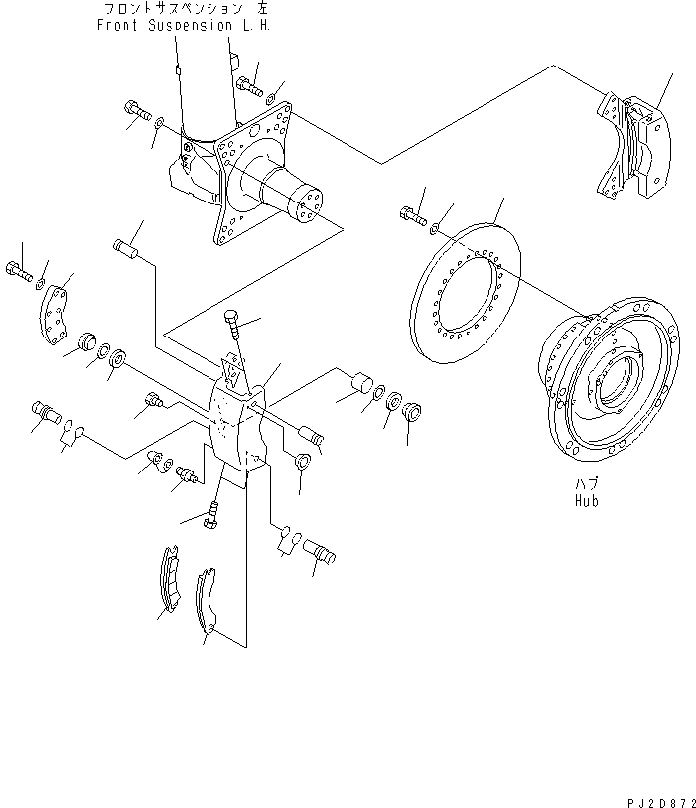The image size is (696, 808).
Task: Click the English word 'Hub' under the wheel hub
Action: (x=586, y=502)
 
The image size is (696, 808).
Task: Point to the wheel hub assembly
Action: (x=607, y=383)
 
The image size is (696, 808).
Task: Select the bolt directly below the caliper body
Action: (x=211, y=515)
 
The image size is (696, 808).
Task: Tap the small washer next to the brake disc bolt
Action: (x=435, y=228)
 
